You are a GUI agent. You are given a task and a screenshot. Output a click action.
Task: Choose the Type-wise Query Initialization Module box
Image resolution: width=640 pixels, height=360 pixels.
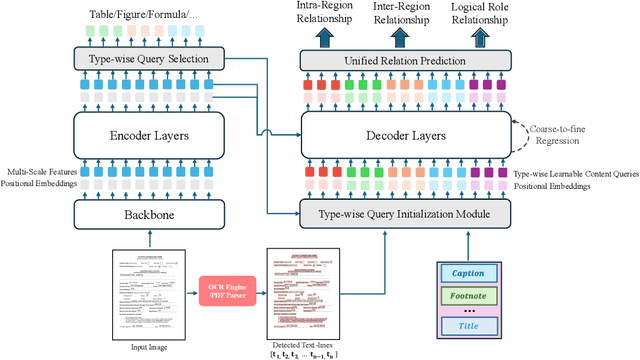pyautogui.click(x=405, y=213)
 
